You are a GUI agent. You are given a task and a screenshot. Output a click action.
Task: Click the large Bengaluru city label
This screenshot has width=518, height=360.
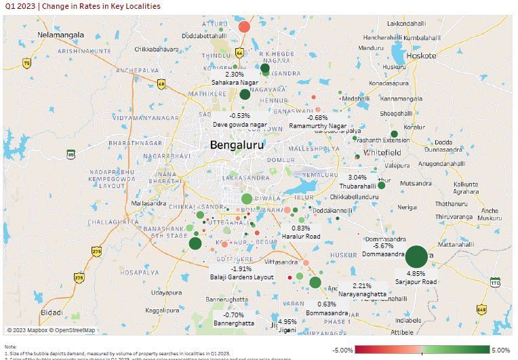pos(237,145)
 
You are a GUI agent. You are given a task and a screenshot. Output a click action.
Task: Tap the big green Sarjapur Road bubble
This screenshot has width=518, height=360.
pos(416,258)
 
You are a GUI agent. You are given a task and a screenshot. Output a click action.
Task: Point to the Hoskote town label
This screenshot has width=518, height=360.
pos(421,56)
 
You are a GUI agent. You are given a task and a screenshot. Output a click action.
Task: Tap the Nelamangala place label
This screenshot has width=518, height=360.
pos(61,35)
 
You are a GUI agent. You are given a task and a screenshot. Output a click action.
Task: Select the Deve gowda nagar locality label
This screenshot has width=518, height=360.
pos(240,125)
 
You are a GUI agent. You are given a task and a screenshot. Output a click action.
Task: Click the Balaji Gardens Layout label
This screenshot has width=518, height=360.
pos(242,277)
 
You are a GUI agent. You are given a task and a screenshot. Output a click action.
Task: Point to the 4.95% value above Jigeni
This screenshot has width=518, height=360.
pos(287,321)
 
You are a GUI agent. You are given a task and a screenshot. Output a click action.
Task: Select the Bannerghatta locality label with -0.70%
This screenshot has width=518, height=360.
pos(234,323)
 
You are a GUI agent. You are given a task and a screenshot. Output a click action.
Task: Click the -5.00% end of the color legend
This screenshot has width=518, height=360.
pos(342,350)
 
